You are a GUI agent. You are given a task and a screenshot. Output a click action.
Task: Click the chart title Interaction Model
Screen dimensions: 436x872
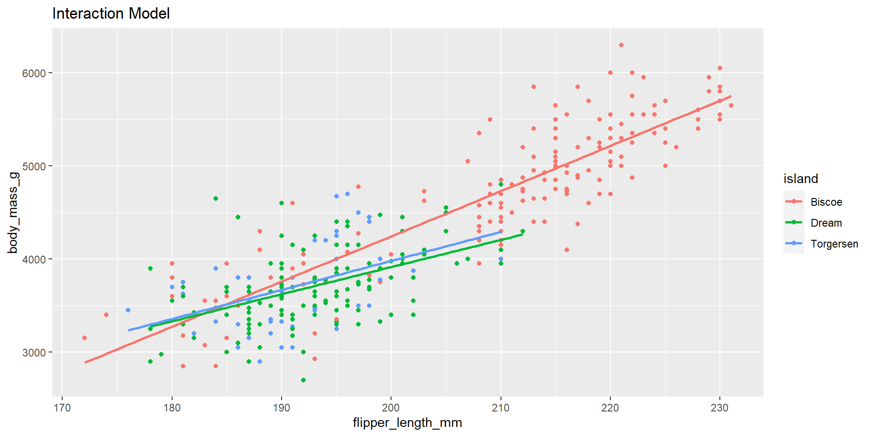coord(111,14)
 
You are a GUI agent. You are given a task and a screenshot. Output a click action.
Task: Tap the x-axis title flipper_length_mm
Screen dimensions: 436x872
coord(407,423)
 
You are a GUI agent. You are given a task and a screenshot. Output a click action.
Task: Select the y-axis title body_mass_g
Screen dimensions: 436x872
coord(13,213)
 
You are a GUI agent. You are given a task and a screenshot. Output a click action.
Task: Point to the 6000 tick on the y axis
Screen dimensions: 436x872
coord(34,73)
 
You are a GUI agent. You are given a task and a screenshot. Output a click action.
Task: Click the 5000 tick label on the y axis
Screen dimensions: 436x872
coord(34,166)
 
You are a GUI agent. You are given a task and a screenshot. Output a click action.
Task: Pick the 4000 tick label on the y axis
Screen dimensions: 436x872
coord(34,259)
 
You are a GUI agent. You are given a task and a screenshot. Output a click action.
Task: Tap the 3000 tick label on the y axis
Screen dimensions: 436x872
coord(34,352)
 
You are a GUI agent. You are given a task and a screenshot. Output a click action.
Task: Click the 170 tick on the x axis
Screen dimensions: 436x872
coord(62,408)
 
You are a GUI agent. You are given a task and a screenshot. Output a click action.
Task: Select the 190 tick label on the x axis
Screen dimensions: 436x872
coord(282,408)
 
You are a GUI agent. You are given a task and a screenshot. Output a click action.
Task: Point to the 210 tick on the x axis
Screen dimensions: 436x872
coord(501,408)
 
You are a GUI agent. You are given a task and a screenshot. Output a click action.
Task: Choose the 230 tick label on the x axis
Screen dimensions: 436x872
coord(720,408)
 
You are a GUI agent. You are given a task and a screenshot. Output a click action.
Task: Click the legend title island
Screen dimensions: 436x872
coord(801,179)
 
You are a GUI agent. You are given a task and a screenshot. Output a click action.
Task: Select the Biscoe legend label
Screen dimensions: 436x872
coord(826,202)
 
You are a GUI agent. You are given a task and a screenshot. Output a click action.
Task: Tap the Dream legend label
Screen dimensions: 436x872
coord(826,223)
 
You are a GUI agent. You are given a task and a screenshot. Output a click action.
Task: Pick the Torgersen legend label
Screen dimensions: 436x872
coord(834,244)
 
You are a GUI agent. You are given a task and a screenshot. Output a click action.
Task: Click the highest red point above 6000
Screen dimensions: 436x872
coord(621,45)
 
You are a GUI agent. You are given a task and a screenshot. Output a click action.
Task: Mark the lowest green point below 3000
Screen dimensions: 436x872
coord(303,380)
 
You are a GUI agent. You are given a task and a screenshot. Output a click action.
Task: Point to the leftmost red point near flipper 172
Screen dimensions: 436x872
coord(84,338)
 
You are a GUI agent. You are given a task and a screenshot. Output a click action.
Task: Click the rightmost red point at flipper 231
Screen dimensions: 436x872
coord(731,105)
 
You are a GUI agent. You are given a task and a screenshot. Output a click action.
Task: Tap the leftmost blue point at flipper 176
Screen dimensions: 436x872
coord(128,310)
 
